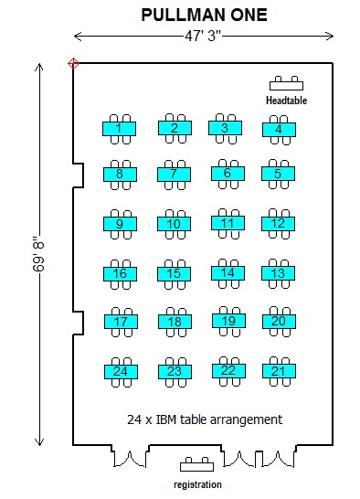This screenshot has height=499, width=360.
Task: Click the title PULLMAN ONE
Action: (204, 15)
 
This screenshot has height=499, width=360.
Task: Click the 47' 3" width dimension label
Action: (203, 36)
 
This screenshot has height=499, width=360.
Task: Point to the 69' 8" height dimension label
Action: (38, 254)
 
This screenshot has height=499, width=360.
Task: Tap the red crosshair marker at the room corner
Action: (73, 63)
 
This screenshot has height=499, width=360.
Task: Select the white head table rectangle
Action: (286, 86)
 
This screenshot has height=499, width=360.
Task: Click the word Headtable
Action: (286, 101)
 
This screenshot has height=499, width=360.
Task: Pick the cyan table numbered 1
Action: (119, 129)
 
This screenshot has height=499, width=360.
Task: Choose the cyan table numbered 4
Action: (279, 130)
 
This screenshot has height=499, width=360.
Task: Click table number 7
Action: (174, 174)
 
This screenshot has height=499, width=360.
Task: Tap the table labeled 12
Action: (278, 223)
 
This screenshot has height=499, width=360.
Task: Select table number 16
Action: (120, 273)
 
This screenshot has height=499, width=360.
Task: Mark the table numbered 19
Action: (228, 321)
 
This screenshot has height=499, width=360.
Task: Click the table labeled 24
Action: (121, 371)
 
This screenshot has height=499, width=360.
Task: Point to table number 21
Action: (279, 371)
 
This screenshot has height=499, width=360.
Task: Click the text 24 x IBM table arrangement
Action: (205, 419)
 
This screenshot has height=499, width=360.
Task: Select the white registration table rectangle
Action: (196, 467)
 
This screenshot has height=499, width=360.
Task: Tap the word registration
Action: (197, 484)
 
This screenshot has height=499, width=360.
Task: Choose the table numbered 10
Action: (174, 224)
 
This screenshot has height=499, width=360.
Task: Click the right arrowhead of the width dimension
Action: (330, 36)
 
